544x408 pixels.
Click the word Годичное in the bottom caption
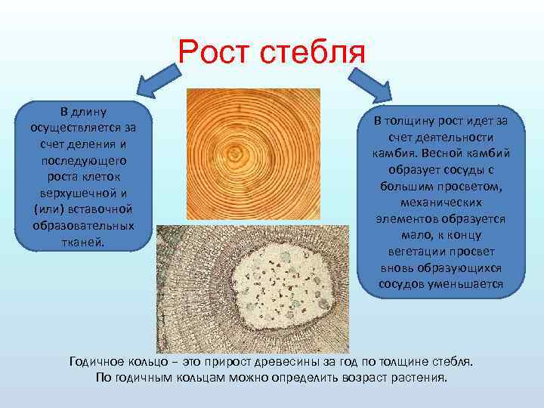[98, 361]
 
